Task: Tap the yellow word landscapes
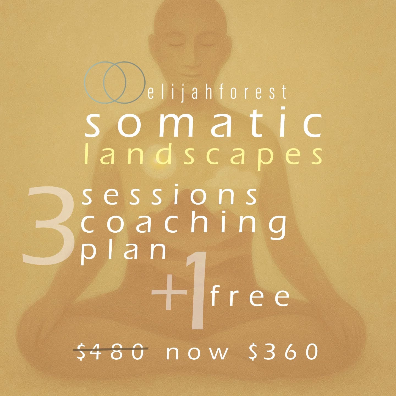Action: click(204, 155)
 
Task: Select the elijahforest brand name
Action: click(217, 92)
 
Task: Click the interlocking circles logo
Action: click(115, 82)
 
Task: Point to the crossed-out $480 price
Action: click(111, 351)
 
